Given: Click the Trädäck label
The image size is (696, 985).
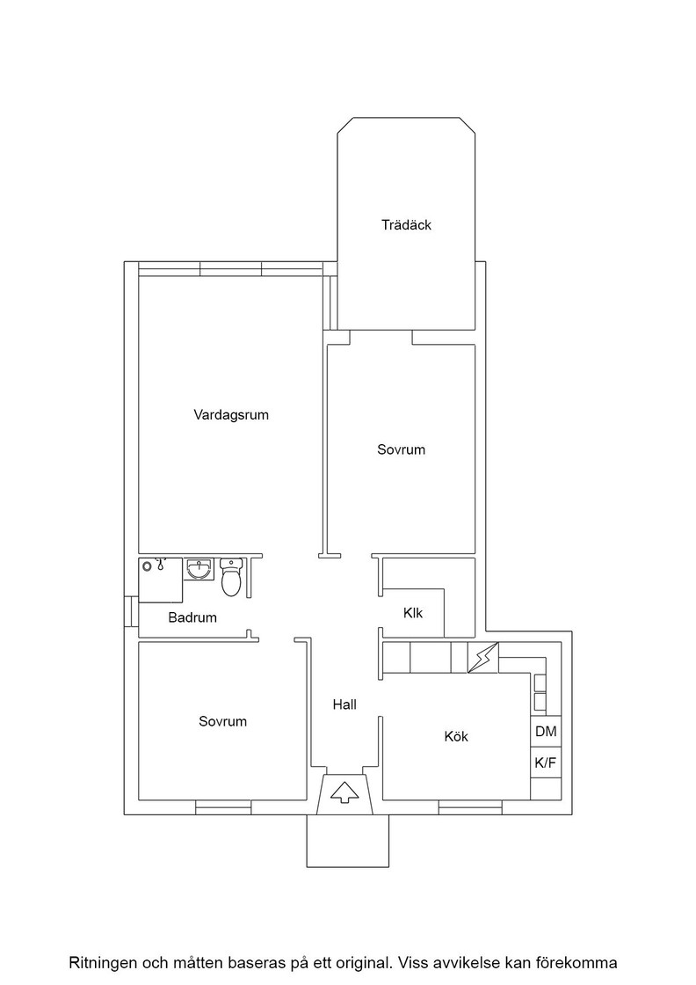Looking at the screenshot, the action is tap(406, 225).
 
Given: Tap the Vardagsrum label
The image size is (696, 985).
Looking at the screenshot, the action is tap(231, 415).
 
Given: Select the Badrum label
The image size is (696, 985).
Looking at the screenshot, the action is tap(192, 617).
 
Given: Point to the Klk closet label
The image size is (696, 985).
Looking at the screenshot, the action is tap(413, 612).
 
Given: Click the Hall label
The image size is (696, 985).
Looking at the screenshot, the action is tap(344, 704).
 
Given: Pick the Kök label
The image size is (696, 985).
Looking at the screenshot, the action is tap(456, 736).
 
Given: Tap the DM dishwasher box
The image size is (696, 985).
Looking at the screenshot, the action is tap(546, 731).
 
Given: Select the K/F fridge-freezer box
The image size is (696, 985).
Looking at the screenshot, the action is tap(546, 762).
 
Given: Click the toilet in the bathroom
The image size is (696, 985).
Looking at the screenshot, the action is tap(231, 577).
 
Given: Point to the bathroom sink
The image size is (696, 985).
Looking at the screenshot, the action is tap(200, 569).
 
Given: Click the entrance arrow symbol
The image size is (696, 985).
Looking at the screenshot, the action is tap(344, 792).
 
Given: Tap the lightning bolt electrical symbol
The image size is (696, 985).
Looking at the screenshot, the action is tap(483, 658).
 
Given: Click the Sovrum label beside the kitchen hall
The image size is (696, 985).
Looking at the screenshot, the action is tap(223, 721).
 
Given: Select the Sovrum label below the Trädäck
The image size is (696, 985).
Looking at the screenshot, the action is tap(401, 449).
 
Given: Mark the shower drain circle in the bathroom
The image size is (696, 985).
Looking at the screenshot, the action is tap(147, 566).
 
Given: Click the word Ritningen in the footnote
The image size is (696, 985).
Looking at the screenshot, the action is tap(100, 962).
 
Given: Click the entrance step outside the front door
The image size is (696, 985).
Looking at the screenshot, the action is tap(347, 841).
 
